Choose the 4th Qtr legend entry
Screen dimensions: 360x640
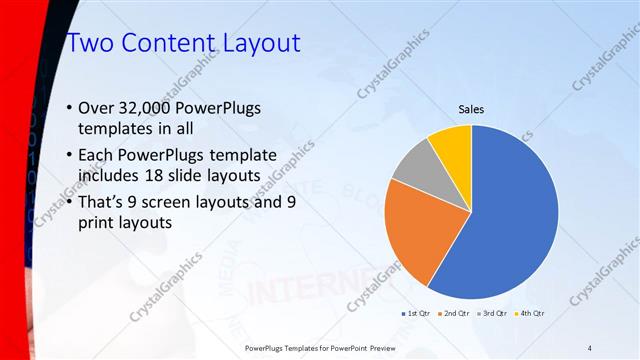pos(528,313)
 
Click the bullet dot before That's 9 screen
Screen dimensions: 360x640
pos(69,203)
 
